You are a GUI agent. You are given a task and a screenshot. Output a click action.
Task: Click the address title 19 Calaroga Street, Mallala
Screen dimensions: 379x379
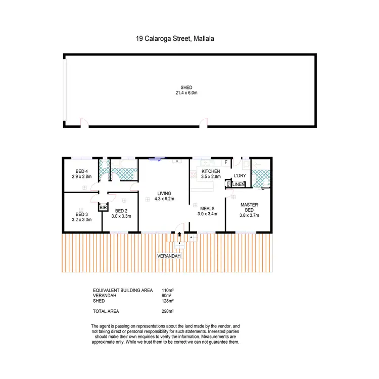click(175, 37)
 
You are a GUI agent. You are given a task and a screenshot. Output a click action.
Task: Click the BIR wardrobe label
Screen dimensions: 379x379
click(103, 208)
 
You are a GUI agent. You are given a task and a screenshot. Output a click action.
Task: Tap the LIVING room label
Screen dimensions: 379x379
click(164, 193)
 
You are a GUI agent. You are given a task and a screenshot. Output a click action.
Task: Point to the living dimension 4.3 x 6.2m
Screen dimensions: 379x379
click(164, 199)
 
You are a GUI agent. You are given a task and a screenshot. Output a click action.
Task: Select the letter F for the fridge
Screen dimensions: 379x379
click(225, 162)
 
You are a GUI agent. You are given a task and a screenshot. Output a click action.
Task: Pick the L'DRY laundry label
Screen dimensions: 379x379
click(239, 175)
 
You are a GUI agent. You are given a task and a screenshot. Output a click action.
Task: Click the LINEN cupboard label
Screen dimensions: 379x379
click(239, 184)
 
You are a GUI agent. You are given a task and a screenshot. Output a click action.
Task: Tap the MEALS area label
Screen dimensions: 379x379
click(207, 208)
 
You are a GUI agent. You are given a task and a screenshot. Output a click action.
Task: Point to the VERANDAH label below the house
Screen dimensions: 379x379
click(168, 256)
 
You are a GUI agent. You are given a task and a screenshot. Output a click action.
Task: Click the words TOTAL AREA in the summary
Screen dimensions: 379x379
click(106, 311)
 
